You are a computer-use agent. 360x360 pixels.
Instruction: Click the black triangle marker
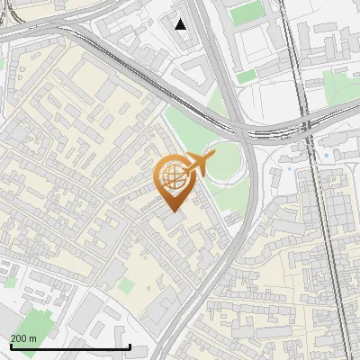tap(181, 24)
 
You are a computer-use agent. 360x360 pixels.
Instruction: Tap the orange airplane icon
tap(200, 166)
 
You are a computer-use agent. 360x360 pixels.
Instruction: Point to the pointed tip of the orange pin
tap(173, 211)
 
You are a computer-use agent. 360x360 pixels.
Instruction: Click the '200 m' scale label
tap(23, 338)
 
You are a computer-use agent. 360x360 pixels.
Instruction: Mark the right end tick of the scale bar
tap(130, 346)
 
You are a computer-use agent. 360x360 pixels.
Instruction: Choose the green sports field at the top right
tap(244, 13)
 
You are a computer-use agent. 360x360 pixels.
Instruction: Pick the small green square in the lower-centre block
tap(127, 285)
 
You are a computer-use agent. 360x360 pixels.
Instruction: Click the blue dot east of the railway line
tap(325, 155)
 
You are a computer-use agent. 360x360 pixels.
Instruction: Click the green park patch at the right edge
tap(340, 85)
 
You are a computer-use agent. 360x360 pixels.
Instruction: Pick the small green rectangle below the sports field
tap(246, 76)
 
